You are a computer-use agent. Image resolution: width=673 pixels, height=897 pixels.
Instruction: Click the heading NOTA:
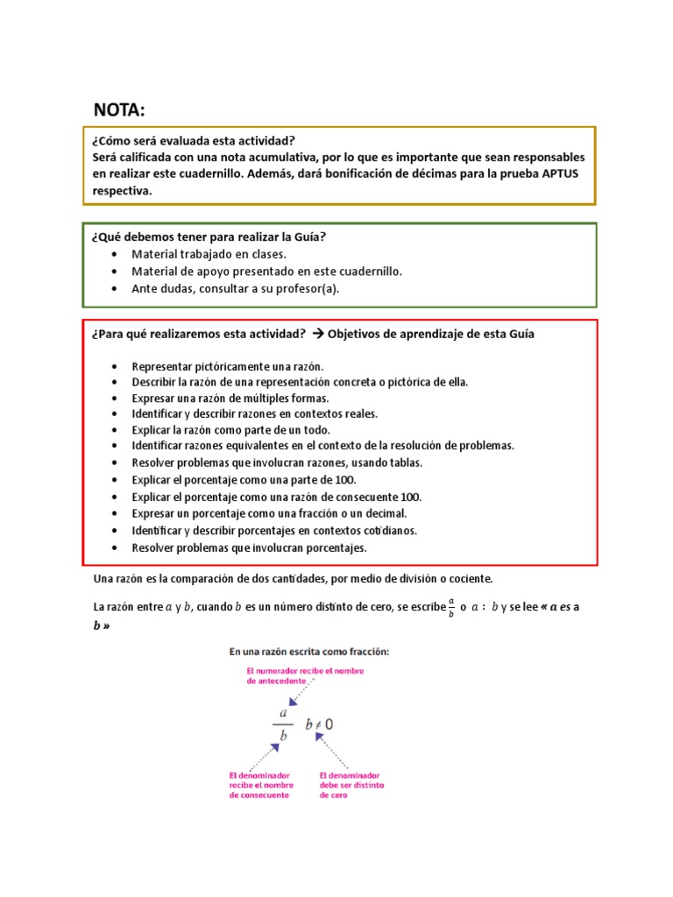click(x=120, y=109)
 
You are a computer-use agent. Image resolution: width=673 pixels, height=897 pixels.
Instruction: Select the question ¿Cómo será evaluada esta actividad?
click(x=193, y=140)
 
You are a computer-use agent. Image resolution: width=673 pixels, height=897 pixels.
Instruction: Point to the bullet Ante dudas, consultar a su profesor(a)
click(x=234, y=287)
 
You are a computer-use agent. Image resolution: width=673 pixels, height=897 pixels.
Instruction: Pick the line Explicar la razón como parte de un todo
click(x=230, y=430)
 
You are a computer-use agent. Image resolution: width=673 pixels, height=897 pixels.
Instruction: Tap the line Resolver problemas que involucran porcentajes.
click(x=249, y=548)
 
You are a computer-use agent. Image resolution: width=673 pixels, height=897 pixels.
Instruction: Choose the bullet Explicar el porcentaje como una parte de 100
click(x=244, y=480)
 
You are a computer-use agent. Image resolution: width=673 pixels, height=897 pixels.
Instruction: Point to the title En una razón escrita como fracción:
click(x=308, y=652)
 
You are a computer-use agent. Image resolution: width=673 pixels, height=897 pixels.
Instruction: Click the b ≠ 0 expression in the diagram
click(x=319, y=724)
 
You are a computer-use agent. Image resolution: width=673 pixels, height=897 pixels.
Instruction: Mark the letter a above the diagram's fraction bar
click(x=282, y=713)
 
